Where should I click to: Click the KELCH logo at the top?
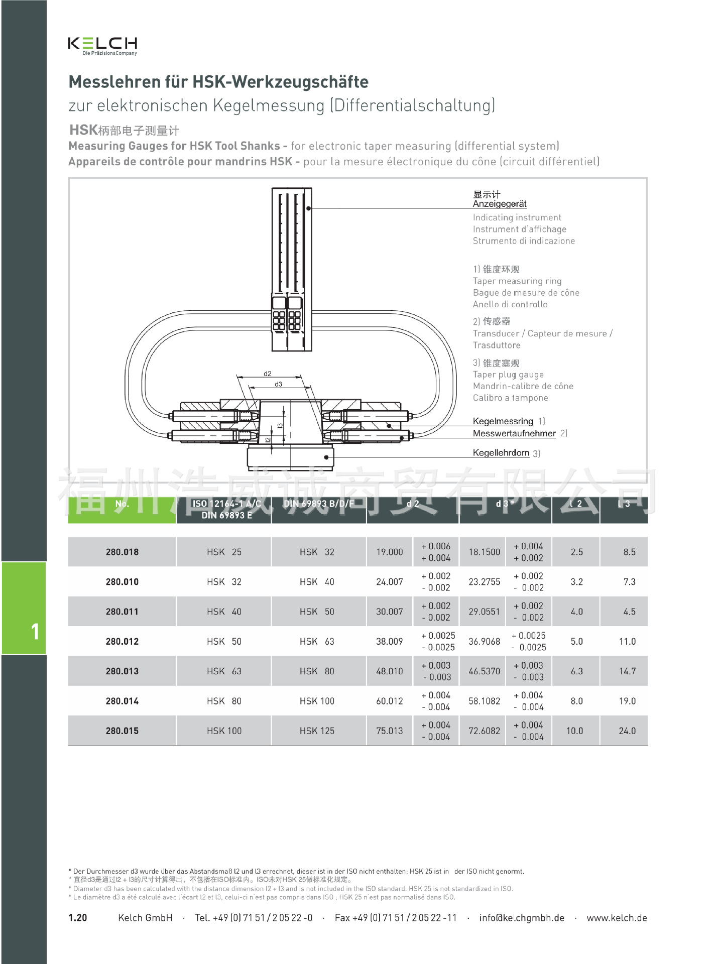pos(102,45)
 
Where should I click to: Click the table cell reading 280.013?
pos(122,671)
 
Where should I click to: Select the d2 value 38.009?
pos(389,641)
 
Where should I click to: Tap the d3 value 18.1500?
pos(484,552)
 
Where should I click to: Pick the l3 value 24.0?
pos(627,731)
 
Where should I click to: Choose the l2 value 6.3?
pos(576,671)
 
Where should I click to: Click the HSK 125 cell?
pos(317,731)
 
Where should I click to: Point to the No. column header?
pos(122,504)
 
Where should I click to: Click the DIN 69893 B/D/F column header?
pos(318,504)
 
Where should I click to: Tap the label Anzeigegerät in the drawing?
pos(500,204)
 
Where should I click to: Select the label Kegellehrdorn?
pos(501,453)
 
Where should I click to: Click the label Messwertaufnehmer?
pos(514,433)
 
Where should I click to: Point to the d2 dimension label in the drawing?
pos(268,374)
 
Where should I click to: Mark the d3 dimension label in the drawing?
pos(278,384)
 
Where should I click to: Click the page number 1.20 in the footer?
pos(78,918)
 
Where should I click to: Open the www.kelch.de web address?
pos(617,918)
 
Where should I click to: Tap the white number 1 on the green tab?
pos(35,631)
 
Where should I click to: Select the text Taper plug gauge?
pos(508,375)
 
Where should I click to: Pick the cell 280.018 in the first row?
pos(122,552)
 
